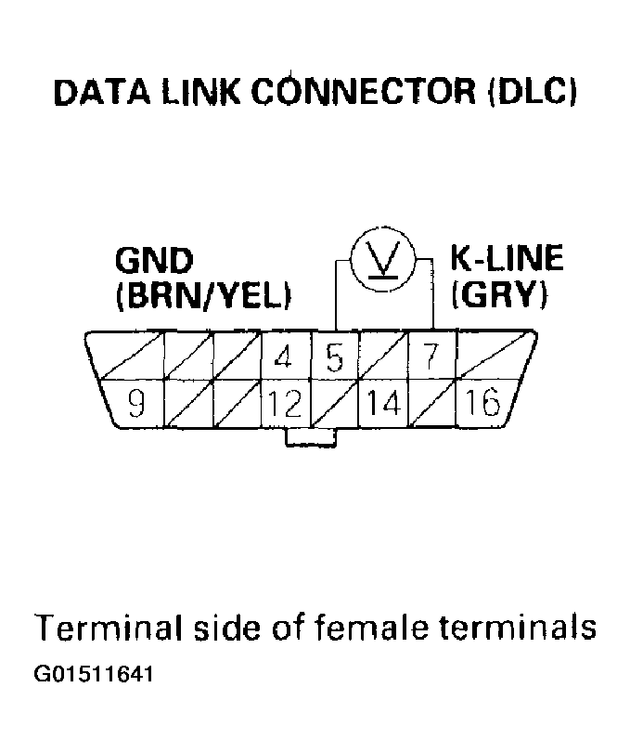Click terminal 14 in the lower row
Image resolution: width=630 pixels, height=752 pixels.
click(382, 405)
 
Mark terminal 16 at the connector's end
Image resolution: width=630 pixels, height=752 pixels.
click(481, 405)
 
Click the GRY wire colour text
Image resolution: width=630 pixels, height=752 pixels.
click(498, 296)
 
